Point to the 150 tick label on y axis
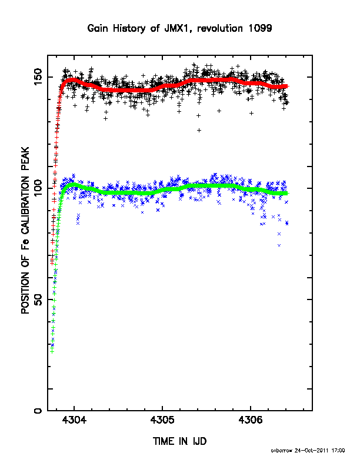click(38, 77)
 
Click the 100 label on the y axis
click(38, 188)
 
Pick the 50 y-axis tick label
click(38, 299)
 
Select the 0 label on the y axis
click(38, 411)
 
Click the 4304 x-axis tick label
click(74, 420)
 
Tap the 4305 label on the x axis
click(162, 420)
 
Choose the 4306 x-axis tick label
click(251, 420)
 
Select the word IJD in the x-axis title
click(199, 441)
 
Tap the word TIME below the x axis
click(164, 441)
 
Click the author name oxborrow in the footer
click(281, 451)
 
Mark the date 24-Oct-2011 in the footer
click(312, 451)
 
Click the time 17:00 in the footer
click(338, 451)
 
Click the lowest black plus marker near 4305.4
click(199, 130)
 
